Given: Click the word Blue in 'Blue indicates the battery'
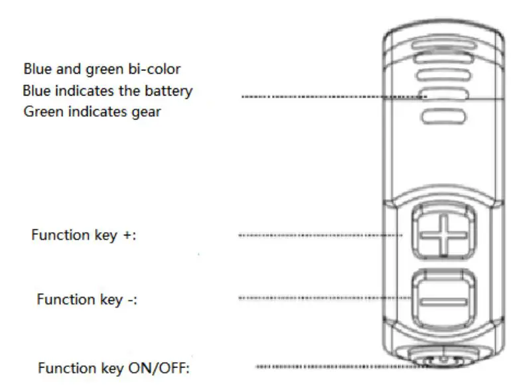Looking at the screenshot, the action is (37, 90).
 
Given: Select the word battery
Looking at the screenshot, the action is (168, 90).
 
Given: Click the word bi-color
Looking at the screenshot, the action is (154, 69).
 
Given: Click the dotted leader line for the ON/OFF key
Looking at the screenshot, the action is (332, 366).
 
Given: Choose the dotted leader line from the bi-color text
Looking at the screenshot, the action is (332, 97).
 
